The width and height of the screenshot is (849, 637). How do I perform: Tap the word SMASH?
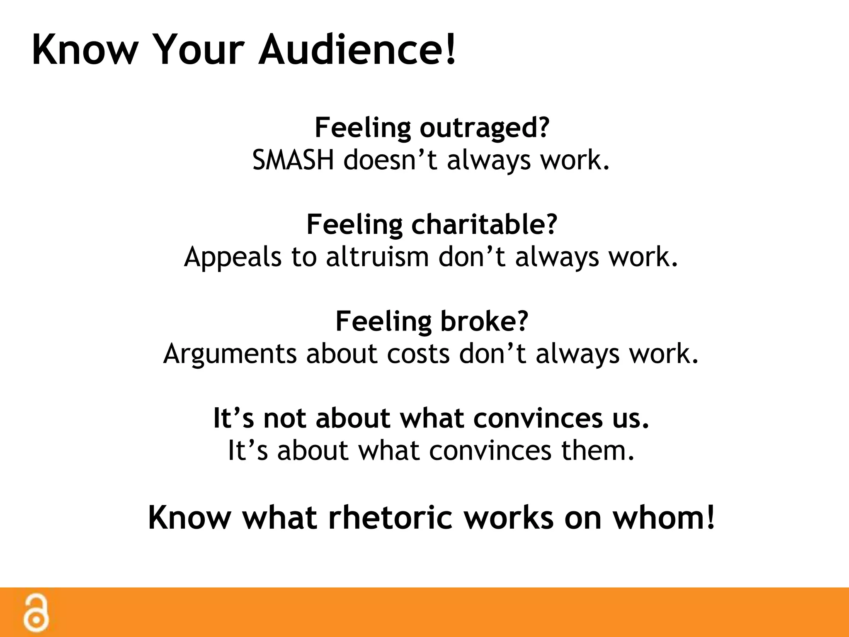293,160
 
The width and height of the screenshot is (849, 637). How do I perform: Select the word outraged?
484,128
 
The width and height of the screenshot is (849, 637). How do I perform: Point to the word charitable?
484,225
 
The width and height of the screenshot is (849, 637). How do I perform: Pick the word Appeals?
233,257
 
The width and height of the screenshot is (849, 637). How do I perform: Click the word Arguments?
230,354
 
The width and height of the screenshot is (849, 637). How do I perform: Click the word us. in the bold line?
630,418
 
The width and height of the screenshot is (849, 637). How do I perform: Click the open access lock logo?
36,613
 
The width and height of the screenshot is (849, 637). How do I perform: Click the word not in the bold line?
284,418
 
